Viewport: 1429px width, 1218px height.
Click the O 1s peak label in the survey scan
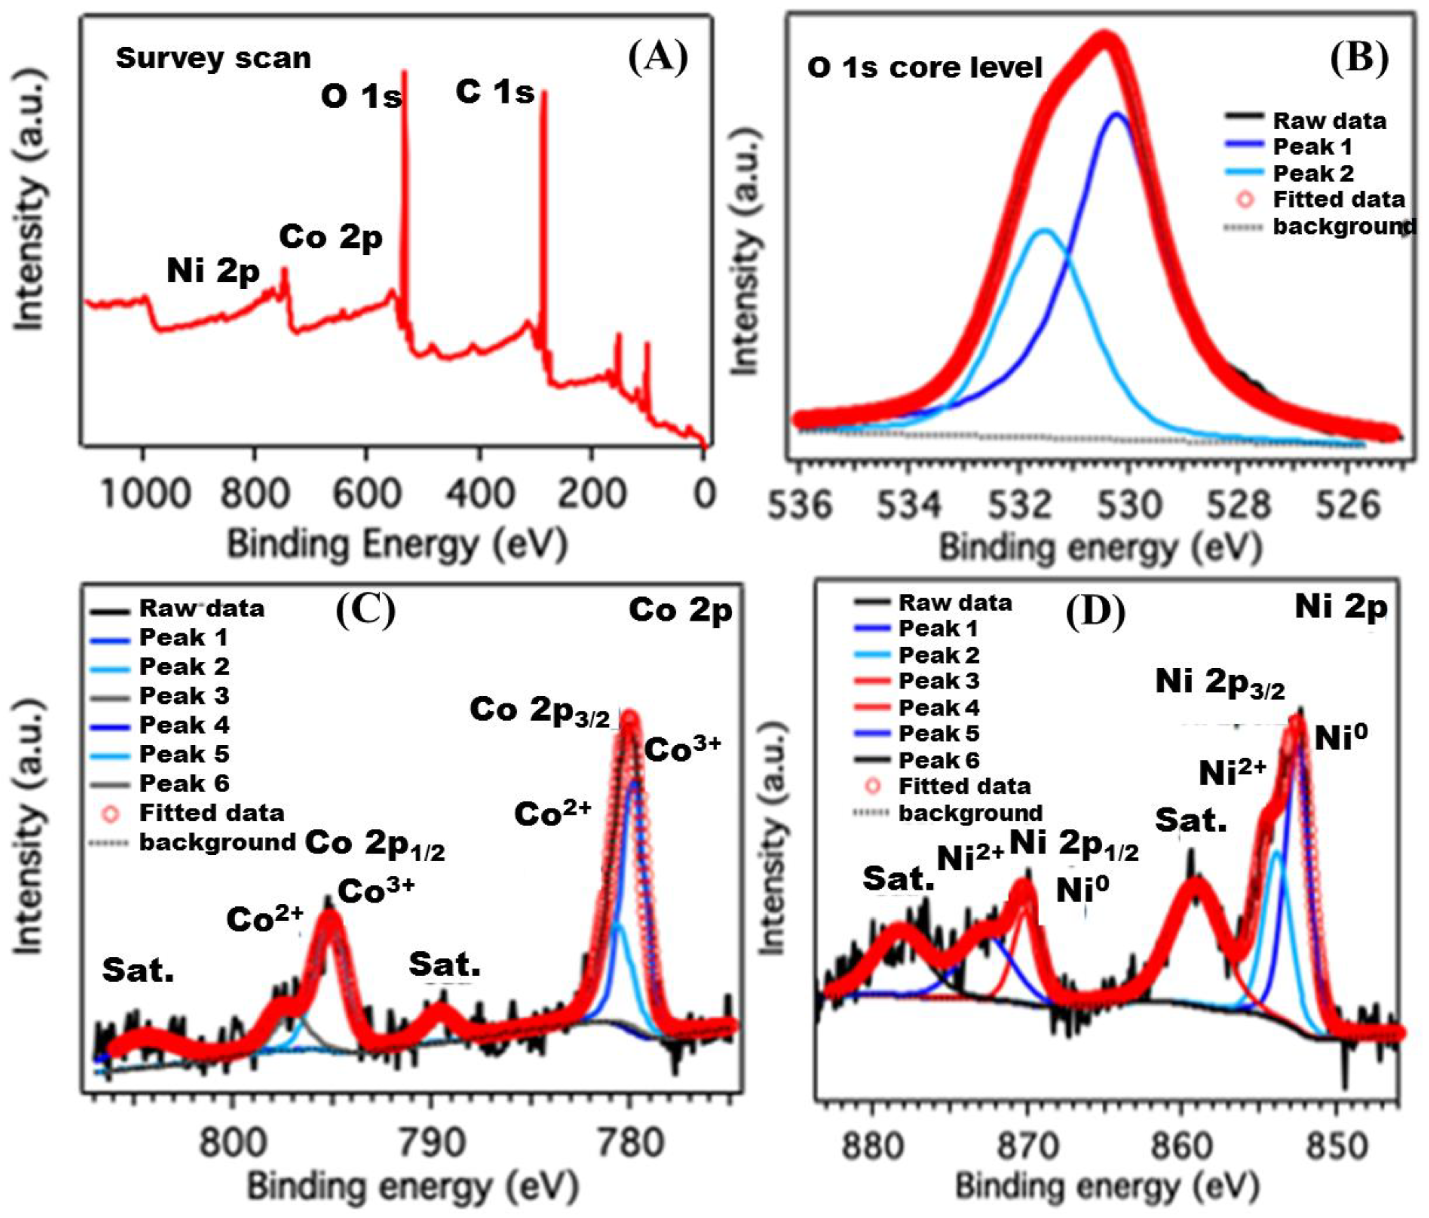[361, 96]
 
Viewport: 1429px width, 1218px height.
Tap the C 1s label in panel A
[494, 92]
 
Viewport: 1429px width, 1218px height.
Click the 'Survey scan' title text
[213, 58]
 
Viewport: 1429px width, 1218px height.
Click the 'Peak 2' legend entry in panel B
[1312, 173]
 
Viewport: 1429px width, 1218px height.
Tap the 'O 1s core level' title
[924, 68]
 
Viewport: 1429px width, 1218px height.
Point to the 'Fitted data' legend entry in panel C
[211, 812]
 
